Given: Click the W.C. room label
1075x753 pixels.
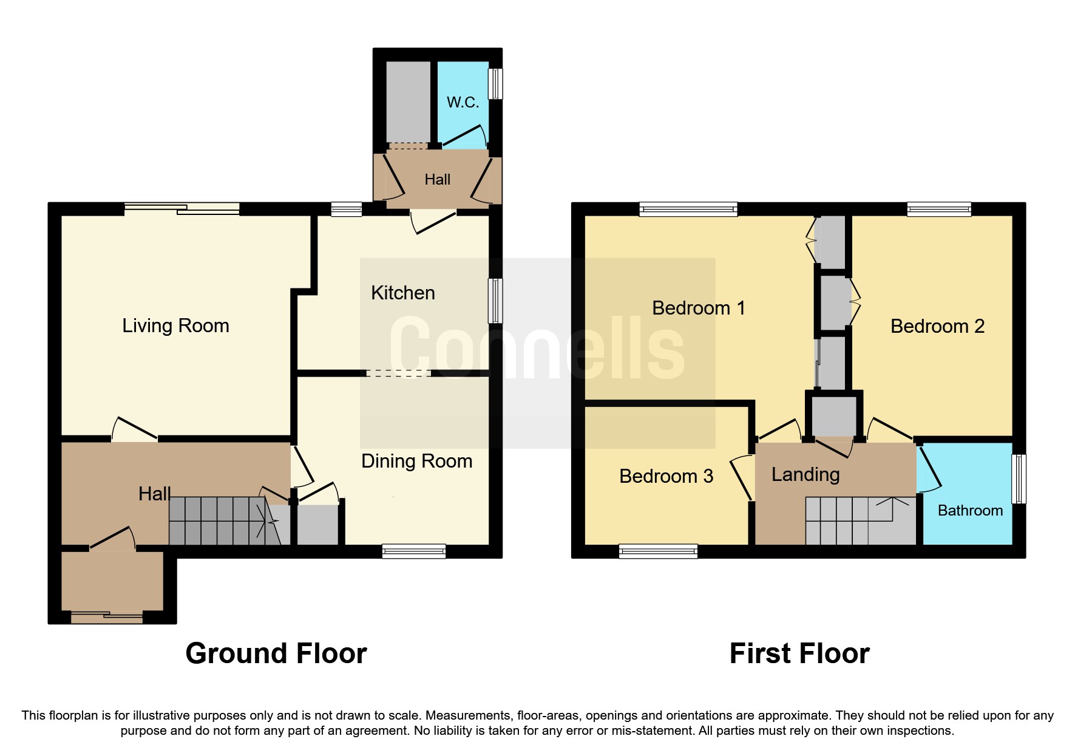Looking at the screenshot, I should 463,102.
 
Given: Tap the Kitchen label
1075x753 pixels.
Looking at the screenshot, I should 402,293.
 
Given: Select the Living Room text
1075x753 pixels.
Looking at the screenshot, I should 175,325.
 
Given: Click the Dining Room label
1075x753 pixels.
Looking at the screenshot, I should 416,461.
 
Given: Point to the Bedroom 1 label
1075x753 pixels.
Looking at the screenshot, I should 698,308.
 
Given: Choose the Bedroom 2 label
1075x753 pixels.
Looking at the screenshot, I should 937,326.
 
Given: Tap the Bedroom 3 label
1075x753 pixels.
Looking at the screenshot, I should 666,476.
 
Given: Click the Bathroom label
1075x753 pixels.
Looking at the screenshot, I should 969,510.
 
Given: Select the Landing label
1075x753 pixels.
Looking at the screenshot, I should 805,474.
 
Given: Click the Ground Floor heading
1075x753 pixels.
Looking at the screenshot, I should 276,653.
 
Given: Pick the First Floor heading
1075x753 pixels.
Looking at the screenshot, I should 799,653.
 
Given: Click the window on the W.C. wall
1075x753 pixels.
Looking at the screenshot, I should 496,83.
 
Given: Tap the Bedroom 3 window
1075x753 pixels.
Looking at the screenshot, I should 658,551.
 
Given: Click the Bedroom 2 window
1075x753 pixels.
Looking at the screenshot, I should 938,210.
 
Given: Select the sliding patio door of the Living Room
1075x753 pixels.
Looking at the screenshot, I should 182,209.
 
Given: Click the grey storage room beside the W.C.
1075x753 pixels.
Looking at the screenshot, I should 408,101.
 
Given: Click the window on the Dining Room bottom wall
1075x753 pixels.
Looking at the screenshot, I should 413,551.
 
